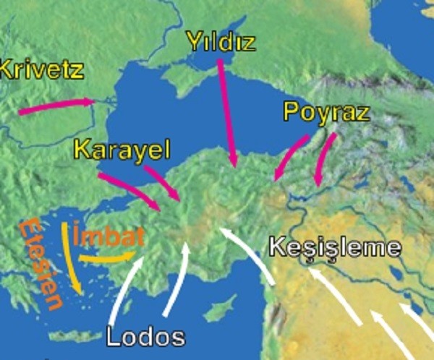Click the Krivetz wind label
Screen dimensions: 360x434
[42, 70]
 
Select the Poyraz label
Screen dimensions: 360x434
[326, 111]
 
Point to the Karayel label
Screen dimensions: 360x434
[122, 150]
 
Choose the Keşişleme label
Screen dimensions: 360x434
[335, 247]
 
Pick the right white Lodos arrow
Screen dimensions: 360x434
[177, 278]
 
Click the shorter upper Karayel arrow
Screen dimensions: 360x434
[163, 183]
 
